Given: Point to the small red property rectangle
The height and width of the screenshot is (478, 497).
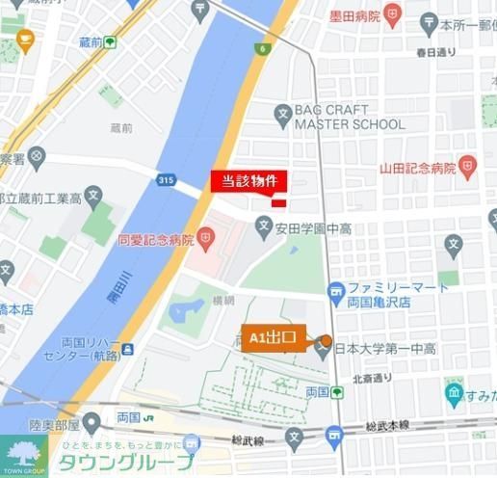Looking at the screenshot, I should pyautogui.click(x=277, y=202).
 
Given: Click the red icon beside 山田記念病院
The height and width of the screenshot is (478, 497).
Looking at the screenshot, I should pyautogui.click(x=467, y=167).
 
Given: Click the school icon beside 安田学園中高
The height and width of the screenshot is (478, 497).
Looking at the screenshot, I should pyautogui.click(x=265, y=228).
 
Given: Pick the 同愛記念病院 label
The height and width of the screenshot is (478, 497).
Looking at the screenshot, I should pyautogui.click(x=155, y=239).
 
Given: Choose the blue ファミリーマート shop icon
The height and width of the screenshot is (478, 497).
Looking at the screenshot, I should pyautogui.click(x=335, y=289).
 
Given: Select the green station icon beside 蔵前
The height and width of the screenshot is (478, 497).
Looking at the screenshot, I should pyautogui.click(x=111, y=41).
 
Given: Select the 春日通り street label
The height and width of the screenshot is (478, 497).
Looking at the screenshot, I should pyautogui.click(x=435, y=51).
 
